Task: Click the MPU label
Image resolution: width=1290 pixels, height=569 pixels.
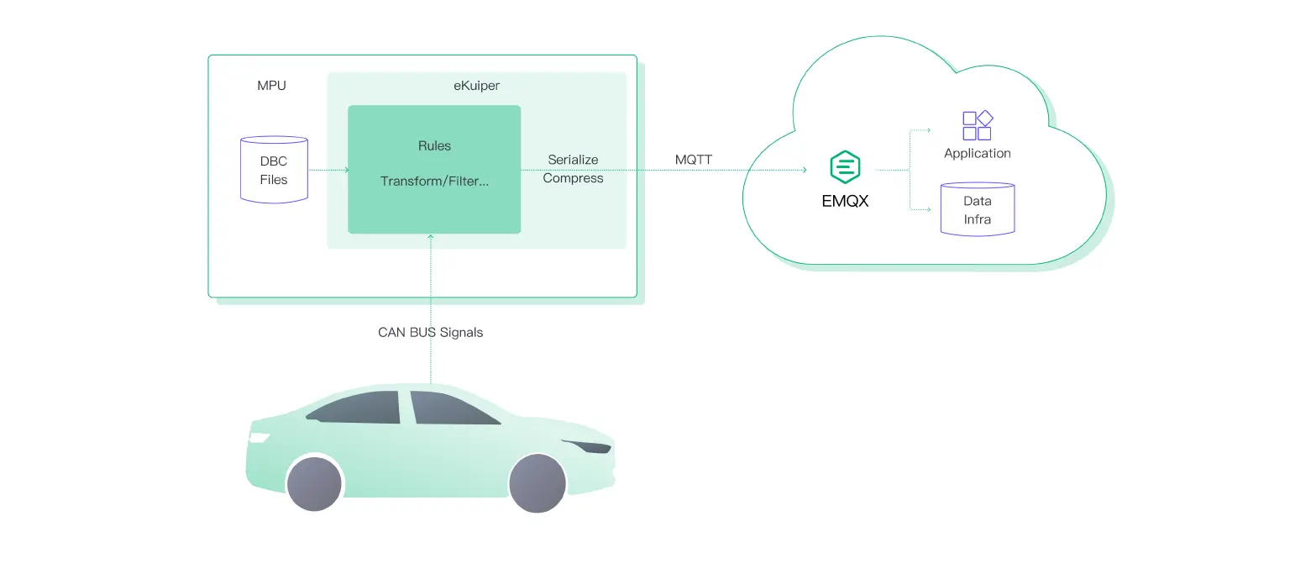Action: pyautogui.click(x=271, y=86)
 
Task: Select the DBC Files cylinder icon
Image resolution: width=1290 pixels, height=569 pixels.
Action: pyautogui.click(x=274, y=170)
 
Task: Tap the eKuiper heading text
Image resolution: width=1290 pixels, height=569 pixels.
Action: pyautogui.click(x=476, y=86)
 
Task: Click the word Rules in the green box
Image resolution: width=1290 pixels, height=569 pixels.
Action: pyautogui.click(x=434, y=145)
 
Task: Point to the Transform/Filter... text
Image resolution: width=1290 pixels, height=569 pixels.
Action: pyautogui.click(x=434, y=181)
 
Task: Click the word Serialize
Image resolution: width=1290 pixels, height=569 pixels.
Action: pyautogui.click(x=573, y=160)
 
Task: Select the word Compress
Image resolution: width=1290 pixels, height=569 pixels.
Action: pyautogui.click(x=573, y=178)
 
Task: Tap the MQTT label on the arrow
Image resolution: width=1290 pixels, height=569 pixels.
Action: pyautogui.click(x=694, y=160)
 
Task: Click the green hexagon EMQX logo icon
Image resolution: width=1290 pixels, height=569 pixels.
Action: pyautogui.click(x=845, y=167)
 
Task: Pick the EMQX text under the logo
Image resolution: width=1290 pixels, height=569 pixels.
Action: pyautogui.click(x=845, y=202)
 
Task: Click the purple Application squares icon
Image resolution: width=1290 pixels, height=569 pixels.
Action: pyautogui.click(x=977, y=126)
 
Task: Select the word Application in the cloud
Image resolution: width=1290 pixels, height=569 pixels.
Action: pyautogui.click(x=977, y=153)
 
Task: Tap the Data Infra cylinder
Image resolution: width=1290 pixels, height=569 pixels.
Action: pyautogui.click(x=977, y=209)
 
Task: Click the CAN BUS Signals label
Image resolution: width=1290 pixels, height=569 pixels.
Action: pyautogui.click(x=430, y=332)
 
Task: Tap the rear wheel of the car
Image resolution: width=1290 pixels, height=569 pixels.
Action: pyautogui.click(x=537, y=484)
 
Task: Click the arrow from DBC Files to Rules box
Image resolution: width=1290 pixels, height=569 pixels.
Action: pyautogui.click(x=328, y=170)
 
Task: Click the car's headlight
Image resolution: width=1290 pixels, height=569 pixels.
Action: pyautogui.click(x=259, y=438)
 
